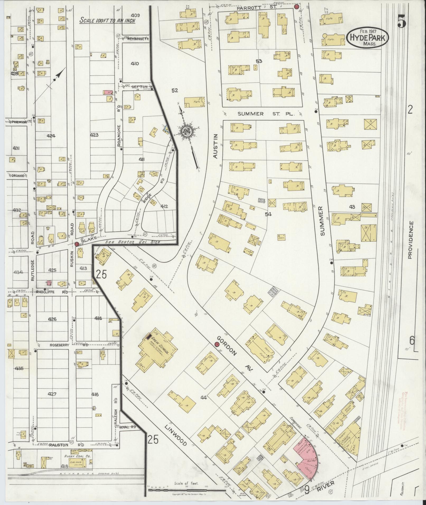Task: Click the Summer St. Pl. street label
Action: coord(261,114)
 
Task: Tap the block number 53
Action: coord(259,61)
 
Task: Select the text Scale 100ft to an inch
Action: coord(107,20)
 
